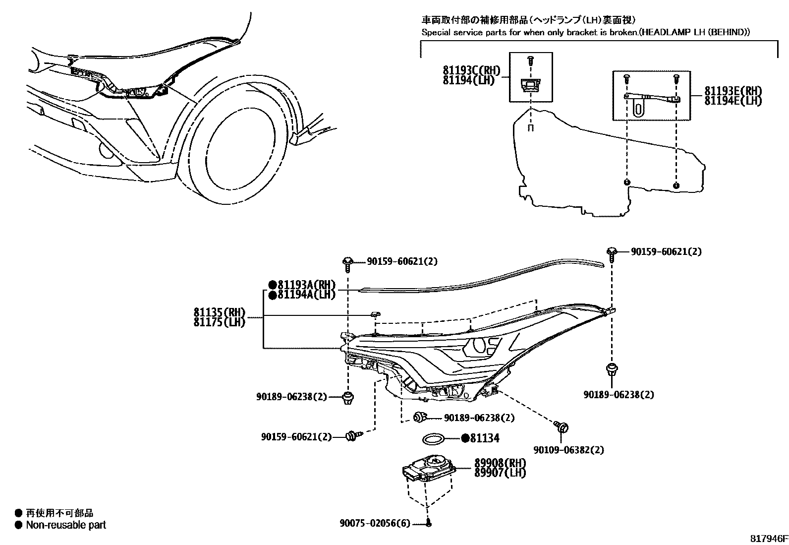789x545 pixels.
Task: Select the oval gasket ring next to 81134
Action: (x=433, y=438)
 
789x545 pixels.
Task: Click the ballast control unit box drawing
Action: (x=429, y=471)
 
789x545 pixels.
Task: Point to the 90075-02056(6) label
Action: (x=375, y=523)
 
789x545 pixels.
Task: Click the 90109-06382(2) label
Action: (x=568, y=450)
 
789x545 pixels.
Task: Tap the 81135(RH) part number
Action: (x=220, y=312)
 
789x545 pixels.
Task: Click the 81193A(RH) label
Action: (x=306, y=285)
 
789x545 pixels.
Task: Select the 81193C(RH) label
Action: (x=471, y=71)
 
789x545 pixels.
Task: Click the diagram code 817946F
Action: (x=768, y=538)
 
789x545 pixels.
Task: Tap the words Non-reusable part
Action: (x=66, y=525)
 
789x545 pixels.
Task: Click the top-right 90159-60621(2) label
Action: (x=666, y=252)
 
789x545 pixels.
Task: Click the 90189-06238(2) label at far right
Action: (x=619, y=395)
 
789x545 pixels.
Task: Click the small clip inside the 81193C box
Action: (x=531, y=85)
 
